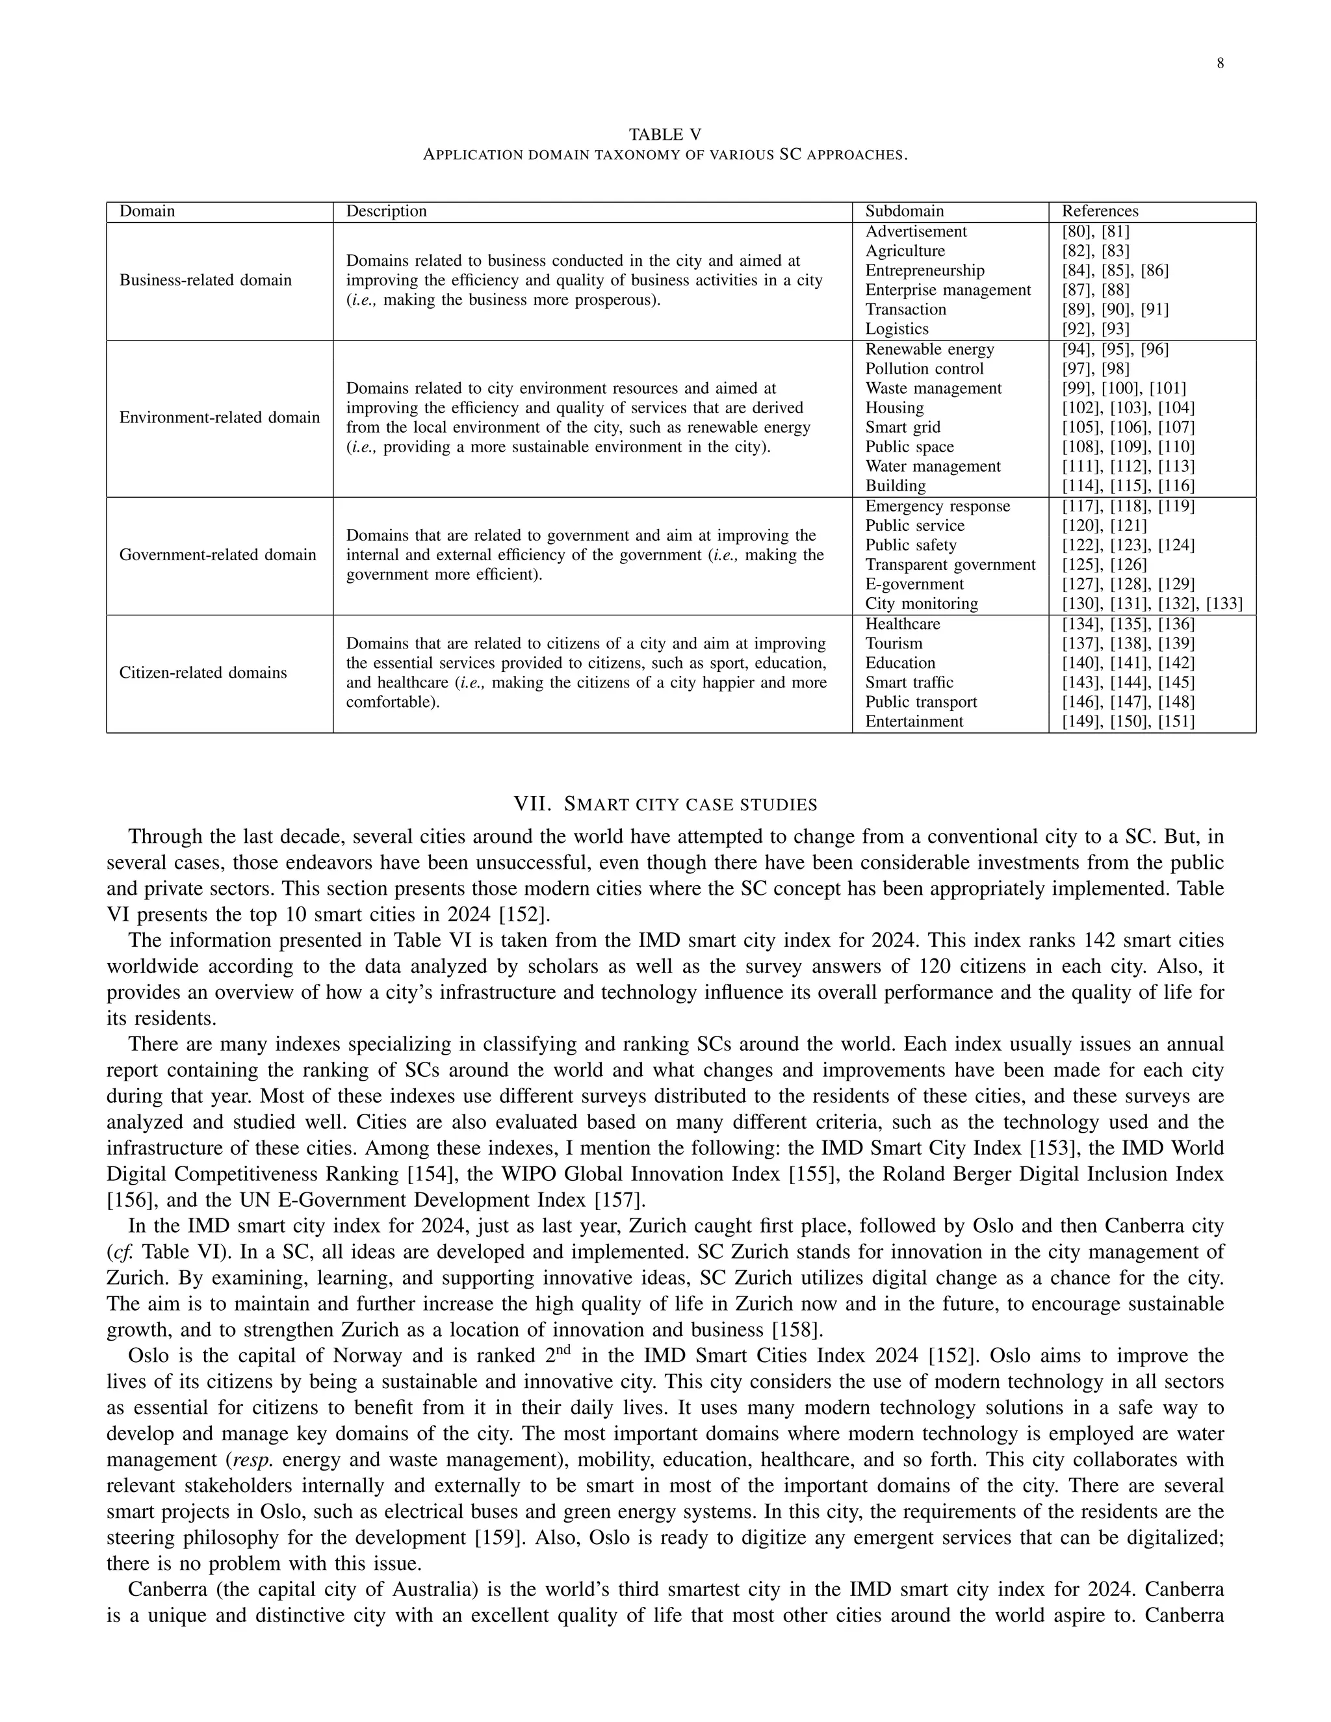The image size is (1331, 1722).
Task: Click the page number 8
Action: (x=1220, y=64)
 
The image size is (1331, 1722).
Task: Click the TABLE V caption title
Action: (x=665, y=135)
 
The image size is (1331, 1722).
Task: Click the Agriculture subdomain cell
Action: (x=905, y=251)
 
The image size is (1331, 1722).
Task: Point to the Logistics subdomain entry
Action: (x=896, y=329)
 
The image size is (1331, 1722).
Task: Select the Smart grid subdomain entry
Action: (x=902, y=428)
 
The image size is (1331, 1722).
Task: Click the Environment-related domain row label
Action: (x=219, y=417)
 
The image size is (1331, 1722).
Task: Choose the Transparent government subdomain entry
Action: (x=950, y=565)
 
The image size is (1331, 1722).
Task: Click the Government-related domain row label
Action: (x=217, y=554)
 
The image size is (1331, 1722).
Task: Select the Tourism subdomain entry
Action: (x=894, y=643)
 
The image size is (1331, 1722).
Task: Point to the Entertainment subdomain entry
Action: (x=914, y=721)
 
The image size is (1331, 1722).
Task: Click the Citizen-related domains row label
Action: (x=203, y=673)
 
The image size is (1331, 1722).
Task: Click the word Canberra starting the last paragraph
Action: (x=166, y=1590)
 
